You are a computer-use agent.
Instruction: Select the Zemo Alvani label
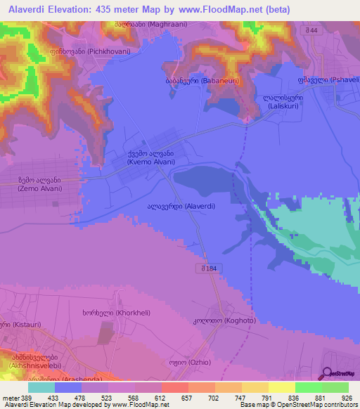tap(39, 185)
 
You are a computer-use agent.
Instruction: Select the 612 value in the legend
tap(160, 398)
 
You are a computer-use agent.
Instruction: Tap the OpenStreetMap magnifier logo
tap(326, 374)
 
